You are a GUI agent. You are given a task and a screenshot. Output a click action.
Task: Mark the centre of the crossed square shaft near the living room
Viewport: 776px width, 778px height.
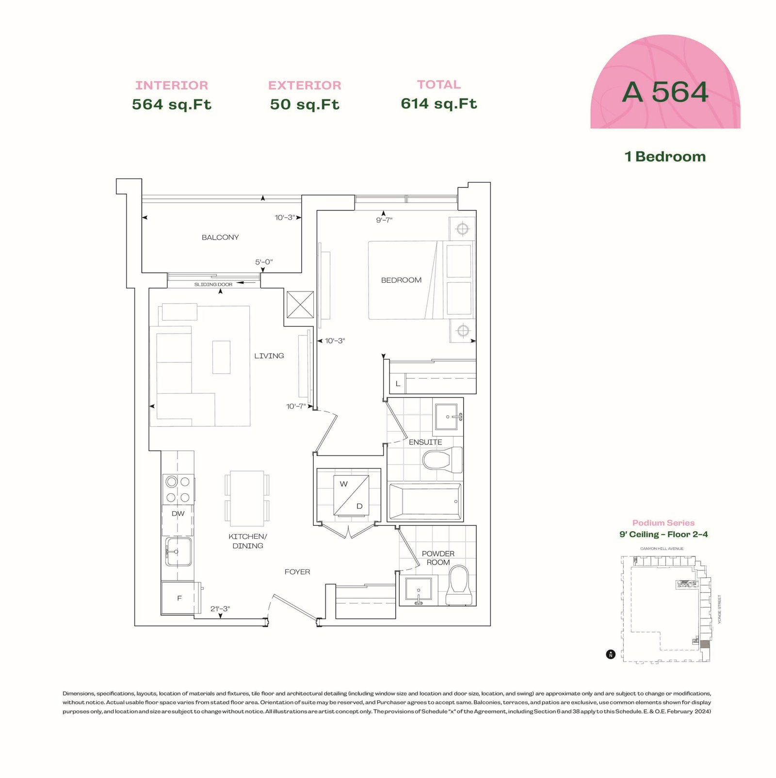click(300, 305)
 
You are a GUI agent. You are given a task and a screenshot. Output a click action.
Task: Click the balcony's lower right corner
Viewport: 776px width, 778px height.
click(302, 272)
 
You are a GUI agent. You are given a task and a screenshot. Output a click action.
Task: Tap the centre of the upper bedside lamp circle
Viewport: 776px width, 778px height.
click(462, 228)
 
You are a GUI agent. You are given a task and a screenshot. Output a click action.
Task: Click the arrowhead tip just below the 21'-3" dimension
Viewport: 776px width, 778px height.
click(221, 618)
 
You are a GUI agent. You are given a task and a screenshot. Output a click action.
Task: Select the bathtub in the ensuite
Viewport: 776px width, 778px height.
click(425, 502)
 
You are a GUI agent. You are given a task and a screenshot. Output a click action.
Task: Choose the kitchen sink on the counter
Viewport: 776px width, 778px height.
click(178, 551)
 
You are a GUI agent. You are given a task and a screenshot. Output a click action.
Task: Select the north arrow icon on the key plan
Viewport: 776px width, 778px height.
click(611, 655)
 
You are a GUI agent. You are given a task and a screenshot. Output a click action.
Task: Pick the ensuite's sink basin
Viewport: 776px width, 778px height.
click(446, 417)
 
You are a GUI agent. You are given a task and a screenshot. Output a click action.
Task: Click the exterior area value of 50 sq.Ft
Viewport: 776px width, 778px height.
click(305, 104)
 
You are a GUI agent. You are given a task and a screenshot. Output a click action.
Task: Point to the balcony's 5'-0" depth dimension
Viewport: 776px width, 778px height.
click(264, 262)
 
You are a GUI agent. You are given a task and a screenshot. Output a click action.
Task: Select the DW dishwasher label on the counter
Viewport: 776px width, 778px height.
click(178, 514)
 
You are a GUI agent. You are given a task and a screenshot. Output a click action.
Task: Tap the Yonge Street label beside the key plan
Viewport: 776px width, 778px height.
click(720, 609)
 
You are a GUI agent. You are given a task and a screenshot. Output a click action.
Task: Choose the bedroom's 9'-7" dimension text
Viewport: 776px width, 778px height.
click(384, 220)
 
